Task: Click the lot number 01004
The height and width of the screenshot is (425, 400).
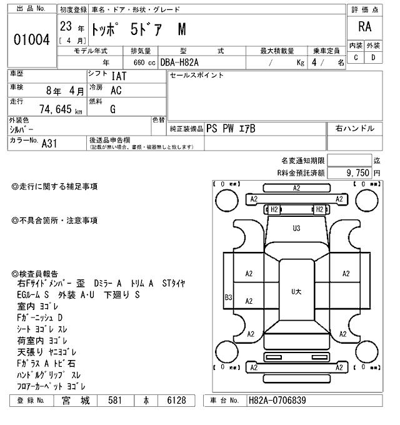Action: pyautogui.click(x=31, y=39)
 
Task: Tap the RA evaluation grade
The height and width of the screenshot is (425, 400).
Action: pyautogui.click(x=366, y=27)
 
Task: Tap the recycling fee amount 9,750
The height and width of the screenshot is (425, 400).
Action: pyautogui.click(x=356, y=172)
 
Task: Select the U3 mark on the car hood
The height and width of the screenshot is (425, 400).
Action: pyautogui.click(x=296, y=229)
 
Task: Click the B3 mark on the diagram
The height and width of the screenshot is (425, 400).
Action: pyautogui.click(x=228, y=298)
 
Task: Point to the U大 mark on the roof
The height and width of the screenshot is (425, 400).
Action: pyautogui.click(x=297, y=291)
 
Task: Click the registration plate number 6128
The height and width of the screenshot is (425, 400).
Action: pyautogui.click(x=177, y=401)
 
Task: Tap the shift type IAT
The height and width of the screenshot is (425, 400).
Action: pyautogui.click(x=119, y=77)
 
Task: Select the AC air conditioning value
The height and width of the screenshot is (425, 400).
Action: pyautogui.click(x=116, y=90)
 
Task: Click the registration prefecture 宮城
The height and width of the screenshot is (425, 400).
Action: pyautogui.click(x=79, y=401)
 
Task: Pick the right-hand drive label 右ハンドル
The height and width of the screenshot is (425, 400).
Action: pyautogui.click(x=355, y=129)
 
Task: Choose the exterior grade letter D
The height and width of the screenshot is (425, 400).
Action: pyautogui.click(x=374, y=58)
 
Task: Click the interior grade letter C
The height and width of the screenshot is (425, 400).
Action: pyautogui.click(x=356, y=58)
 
